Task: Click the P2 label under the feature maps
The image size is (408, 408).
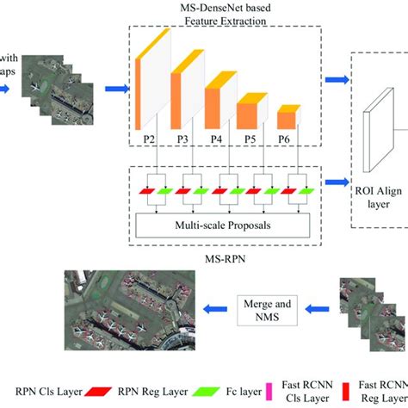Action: click(x=149, y=138)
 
